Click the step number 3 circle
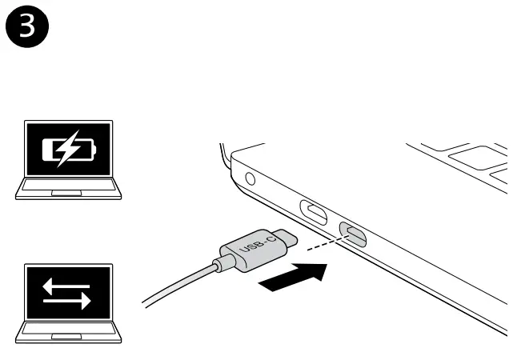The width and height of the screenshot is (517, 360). click(27, 26)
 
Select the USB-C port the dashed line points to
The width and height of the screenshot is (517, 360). click(352, 233)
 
